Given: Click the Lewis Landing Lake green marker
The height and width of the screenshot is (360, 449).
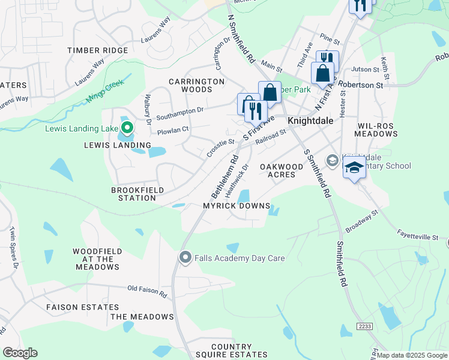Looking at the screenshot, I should [127, 128].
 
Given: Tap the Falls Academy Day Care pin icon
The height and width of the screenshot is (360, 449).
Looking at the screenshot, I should [185, 258].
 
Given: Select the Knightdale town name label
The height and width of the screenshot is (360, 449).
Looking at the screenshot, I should [310, 121].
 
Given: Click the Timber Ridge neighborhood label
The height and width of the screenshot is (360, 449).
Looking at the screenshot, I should [98, 50].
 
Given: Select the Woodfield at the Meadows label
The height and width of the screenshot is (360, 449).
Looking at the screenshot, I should [97, 259].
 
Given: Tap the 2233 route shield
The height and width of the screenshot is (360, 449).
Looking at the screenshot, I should [364, 326].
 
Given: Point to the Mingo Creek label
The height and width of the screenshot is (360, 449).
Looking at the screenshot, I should [105, 89].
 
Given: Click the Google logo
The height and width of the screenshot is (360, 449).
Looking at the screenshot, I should [20, 352].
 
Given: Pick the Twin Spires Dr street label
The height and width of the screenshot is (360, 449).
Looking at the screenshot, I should [13, 246].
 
